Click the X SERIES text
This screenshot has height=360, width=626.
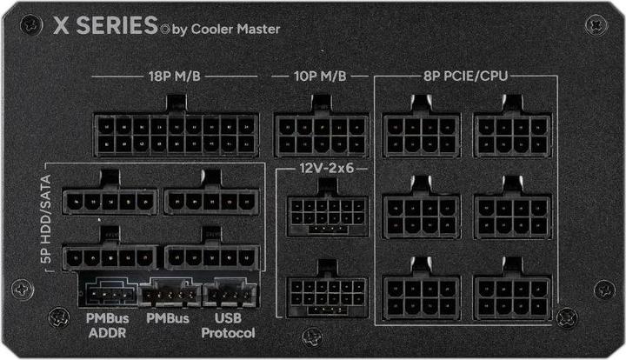(x=105, y=25)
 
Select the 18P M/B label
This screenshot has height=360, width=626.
(x=176, y=77)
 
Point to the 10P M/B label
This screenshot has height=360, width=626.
(x=320, y=77)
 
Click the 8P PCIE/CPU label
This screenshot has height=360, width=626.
(x=466, y=77)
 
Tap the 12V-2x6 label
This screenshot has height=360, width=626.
(x=322, y=167)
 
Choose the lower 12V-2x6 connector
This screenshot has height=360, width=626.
(x=324, y=293)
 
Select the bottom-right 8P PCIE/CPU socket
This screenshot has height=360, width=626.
(x=512, y=296)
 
